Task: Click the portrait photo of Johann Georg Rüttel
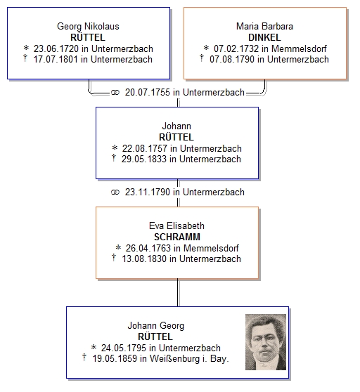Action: coord(266,342)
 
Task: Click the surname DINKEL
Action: coord(264,37)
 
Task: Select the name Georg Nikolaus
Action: coord(88,27)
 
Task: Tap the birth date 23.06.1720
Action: coord(56,48)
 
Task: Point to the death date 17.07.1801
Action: coord(56,59)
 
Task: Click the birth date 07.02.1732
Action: coord(236,48)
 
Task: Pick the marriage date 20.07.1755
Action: coord(148,92)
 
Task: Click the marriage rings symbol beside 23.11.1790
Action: coord(115,192)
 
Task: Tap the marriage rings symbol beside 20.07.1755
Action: coord(115,93)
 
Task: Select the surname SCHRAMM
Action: coord(177,237)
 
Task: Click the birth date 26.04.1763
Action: coord(148,248)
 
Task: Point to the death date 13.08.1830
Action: coord(144,259)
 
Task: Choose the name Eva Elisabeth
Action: coord(176,226)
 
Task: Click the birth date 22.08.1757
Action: coord(145,148)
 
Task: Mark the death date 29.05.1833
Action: coord(144,159)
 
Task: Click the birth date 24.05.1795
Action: coord(124,348)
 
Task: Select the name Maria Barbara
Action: coord(264,27)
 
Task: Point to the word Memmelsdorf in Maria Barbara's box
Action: coord(300,48)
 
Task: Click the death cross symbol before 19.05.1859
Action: coord(84,358)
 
